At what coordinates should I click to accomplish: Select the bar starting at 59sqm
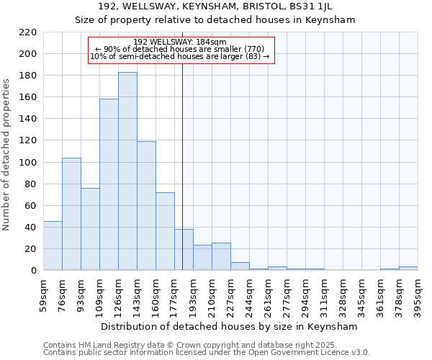point(53,246)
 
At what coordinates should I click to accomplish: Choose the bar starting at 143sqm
point(146,206)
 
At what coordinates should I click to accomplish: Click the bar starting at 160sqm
point(165,231)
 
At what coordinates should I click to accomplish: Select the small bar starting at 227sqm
point(240,266)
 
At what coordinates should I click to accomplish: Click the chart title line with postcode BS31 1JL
point(215,6)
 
